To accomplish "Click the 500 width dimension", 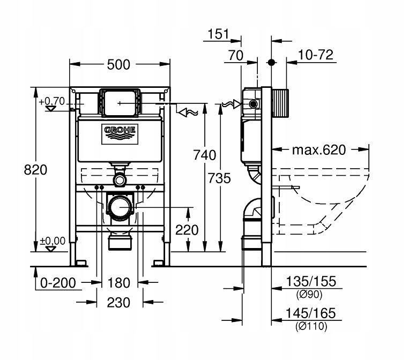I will tap(119, 65).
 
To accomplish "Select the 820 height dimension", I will tap(36, 170).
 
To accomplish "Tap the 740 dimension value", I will tap(205, 155).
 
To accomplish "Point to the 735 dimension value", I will tap(219, 178).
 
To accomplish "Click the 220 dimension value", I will tap(187, 230).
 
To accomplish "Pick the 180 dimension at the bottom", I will tap(119, 282).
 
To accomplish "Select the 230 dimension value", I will tap(119, 303).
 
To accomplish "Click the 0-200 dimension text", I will tap(57, 282).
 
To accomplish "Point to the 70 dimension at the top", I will tap(235, 55).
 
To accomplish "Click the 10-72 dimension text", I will tap(317, 55).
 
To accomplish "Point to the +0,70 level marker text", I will tap(51, 100).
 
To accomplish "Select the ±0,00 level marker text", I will tap(52, 241).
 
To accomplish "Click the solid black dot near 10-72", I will tap(272, 62).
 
